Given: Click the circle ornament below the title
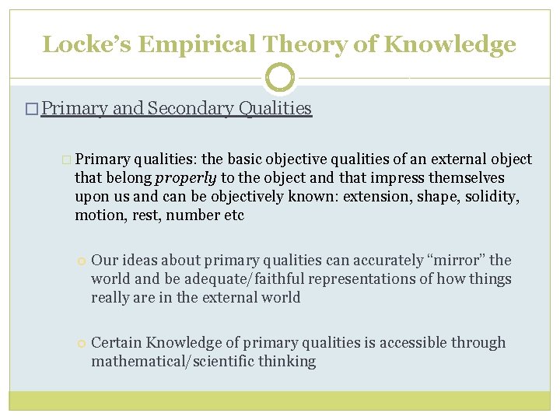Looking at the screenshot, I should pos(280,78).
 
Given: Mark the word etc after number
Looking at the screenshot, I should pos(233,215).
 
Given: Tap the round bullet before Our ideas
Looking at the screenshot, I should pos(81,261).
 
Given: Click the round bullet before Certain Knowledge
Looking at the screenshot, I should pos(81,343).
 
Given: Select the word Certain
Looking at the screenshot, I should pos(117,342).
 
